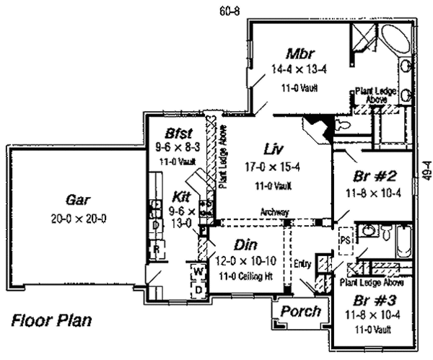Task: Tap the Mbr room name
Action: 298,54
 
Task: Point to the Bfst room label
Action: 178,133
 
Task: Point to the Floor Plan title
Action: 51,319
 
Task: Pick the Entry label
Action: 302,264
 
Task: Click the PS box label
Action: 344,236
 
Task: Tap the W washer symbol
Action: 196,272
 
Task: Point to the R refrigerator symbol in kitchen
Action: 156,250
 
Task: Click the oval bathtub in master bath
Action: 395,40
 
